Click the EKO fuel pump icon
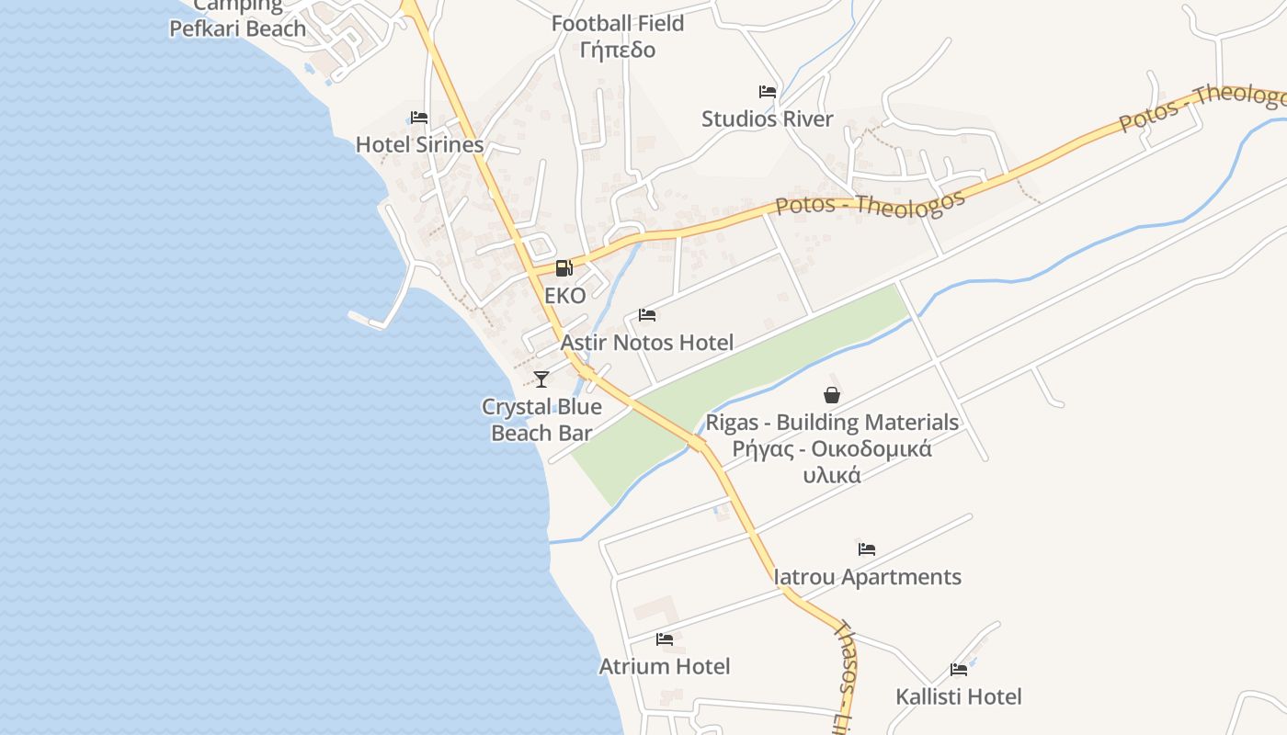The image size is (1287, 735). click(x=564, y=268)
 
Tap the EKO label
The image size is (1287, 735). click(x=564, y=296)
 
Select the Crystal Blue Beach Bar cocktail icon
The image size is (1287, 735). click(x=541, y=379)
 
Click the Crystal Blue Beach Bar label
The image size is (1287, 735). click(x=541, y=420)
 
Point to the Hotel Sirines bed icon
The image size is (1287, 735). click(x=419, y=118)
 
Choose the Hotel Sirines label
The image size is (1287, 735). click(x=419, y=145)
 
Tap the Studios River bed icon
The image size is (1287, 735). click(x=768, y=92)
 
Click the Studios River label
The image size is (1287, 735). click(x=768, y=119)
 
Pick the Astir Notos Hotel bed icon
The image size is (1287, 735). click(x=647, y=315)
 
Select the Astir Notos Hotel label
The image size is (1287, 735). click(x=647, y=344)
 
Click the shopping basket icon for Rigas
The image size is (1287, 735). click(x=832, y=395)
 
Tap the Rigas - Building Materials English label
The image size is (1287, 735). click(x=832, y=423)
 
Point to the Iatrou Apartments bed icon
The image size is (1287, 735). click(x=867, y=549)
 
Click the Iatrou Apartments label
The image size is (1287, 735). click(x=868, y=577)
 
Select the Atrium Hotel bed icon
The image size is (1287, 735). click(x=665, y=639)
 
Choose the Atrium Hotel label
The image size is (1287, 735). click(x=665, y=667)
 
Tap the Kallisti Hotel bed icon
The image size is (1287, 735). click(x=959, y=670)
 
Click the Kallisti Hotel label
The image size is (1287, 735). click(x=959, y=697)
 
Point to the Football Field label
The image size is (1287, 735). click(x=618, y=23)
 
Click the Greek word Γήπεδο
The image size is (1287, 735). click(x=618, y=50)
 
